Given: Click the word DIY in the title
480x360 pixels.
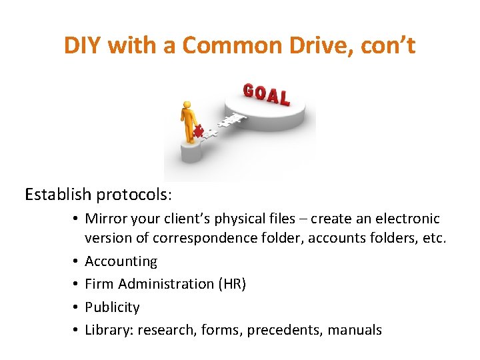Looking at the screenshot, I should click(83, 46).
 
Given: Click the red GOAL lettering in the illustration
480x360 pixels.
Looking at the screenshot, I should click(267, 95).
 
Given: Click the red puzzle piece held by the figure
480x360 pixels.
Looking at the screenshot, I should click(198, 132).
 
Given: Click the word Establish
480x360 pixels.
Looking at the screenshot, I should click(58, 195).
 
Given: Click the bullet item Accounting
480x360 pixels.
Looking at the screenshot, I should click(121, 261).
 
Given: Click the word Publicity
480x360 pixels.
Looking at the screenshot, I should click(112, 307).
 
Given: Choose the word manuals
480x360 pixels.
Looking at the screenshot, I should click(355, 330).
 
